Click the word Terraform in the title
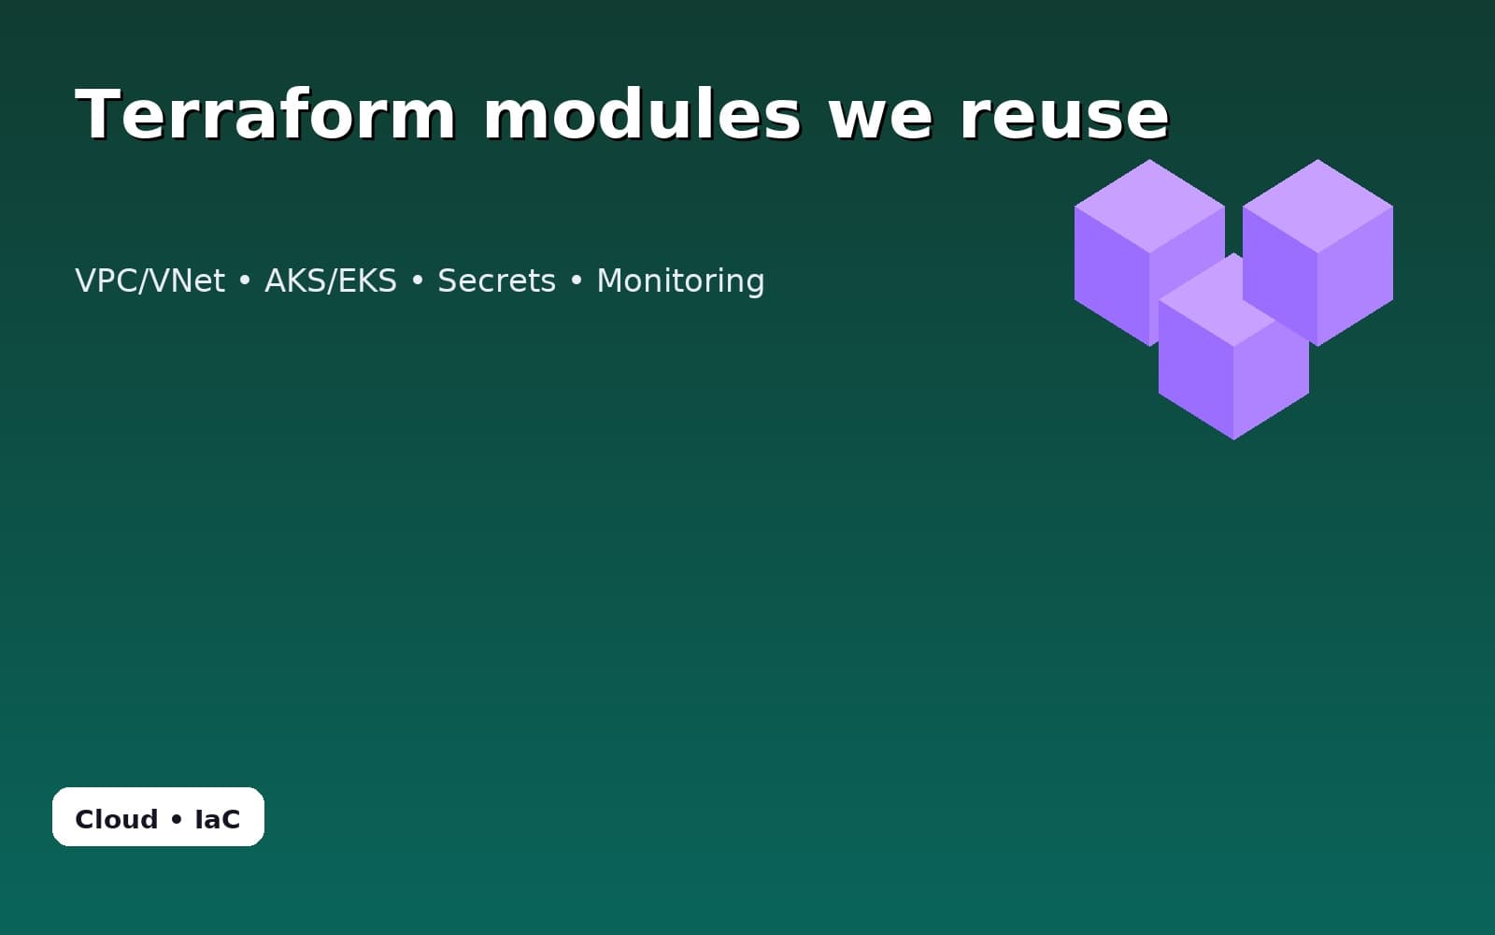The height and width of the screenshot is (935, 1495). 265,115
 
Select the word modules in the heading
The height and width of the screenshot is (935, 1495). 642,115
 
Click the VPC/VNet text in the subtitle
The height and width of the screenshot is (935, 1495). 149,280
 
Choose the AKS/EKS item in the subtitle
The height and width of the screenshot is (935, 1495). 331,280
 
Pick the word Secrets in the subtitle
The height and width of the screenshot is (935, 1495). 496,280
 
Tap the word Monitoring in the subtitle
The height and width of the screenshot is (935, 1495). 680,280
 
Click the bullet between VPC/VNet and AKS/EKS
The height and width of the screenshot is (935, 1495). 245,281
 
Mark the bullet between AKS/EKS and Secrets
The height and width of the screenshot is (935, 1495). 418,281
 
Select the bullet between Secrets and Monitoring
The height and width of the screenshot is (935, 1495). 577,281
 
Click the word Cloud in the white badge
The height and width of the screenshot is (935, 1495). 116,819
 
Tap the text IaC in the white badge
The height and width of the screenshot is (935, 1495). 218,819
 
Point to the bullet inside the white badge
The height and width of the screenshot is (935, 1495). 177,820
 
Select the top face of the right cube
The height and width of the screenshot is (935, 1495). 1317,206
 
